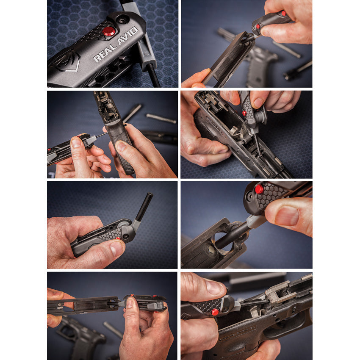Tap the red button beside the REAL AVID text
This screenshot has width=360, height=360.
108,31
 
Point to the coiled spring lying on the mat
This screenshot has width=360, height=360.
161,118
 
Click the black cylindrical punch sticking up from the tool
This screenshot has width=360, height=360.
144,207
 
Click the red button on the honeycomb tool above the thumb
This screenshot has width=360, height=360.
259,189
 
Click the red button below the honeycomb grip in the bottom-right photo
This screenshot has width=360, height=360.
215,312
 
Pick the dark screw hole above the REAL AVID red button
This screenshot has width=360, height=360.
123,19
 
